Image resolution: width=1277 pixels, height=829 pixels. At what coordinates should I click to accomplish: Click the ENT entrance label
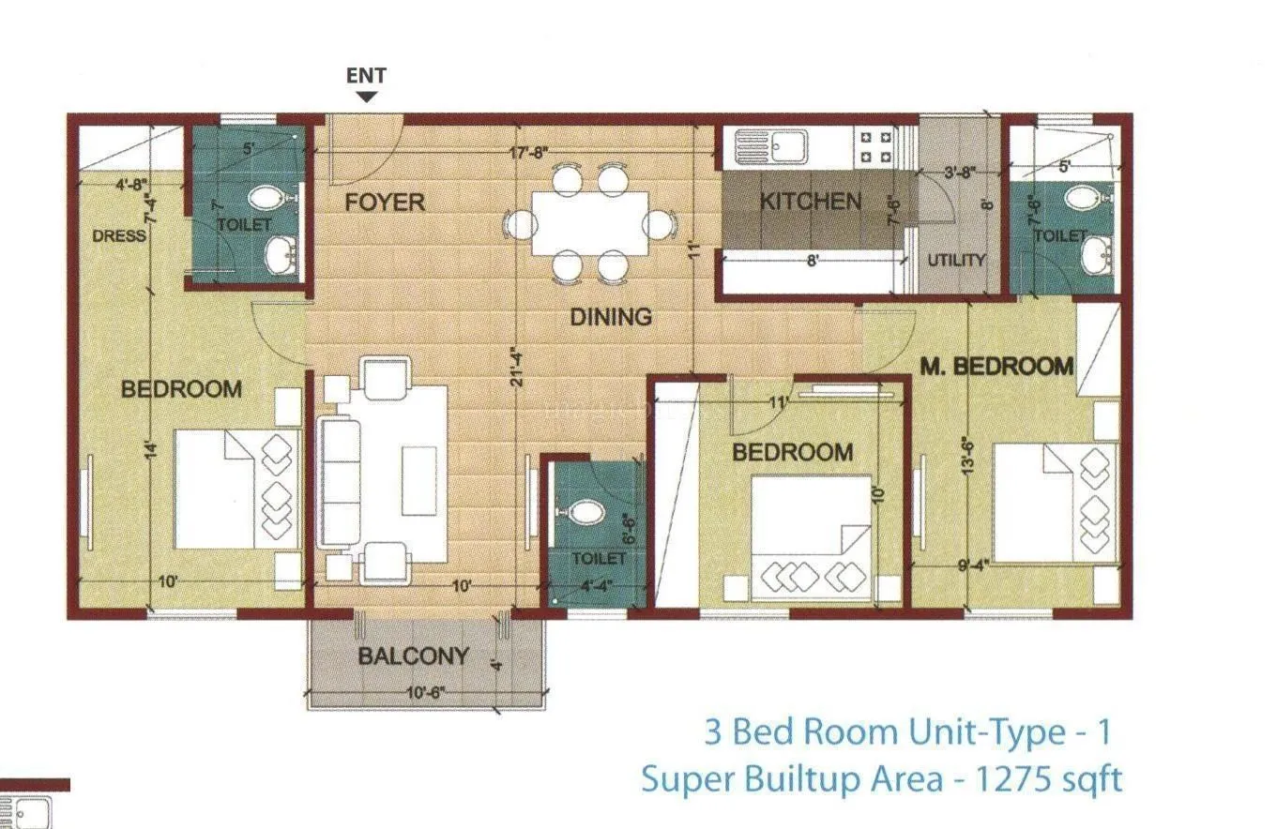366,76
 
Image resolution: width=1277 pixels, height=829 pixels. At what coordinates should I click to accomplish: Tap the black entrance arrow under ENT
367,96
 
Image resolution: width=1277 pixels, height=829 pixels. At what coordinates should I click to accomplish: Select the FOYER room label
385,202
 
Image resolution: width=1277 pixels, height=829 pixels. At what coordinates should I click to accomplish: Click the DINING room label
611,317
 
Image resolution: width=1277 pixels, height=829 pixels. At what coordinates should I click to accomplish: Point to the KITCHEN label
810,201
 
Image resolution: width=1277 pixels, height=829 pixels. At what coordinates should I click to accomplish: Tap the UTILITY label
957,260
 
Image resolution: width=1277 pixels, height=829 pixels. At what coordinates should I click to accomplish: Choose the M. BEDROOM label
996,366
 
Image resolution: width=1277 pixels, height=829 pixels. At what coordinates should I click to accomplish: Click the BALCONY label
413,656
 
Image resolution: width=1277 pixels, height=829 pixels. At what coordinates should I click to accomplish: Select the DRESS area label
119,235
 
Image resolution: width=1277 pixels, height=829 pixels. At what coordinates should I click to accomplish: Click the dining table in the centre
590,223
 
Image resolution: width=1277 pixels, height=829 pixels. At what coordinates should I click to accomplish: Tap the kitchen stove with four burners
876,146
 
